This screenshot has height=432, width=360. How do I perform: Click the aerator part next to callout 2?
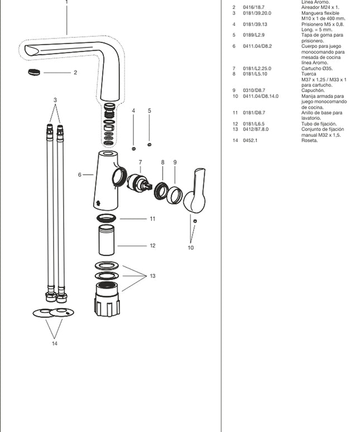(34, 72)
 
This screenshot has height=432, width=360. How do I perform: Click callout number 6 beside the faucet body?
(80, 175)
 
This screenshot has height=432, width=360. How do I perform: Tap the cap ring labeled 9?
(175, 194)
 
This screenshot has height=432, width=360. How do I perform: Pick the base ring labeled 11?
(107, 218)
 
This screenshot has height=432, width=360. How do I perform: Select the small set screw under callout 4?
(133, 148)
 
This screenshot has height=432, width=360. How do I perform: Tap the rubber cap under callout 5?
(149, 145)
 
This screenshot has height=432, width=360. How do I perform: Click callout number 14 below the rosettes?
(54, 343)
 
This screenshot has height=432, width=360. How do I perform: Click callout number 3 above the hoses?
(55, 100)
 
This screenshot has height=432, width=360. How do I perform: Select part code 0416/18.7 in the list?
(253, 7)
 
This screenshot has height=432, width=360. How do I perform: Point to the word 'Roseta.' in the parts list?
(309, 140)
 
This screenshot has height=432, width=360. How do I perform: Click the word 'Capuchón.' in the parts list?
(313, 90)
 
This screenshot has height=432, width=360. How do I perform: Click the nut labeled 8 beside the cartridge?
(161, 190)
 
